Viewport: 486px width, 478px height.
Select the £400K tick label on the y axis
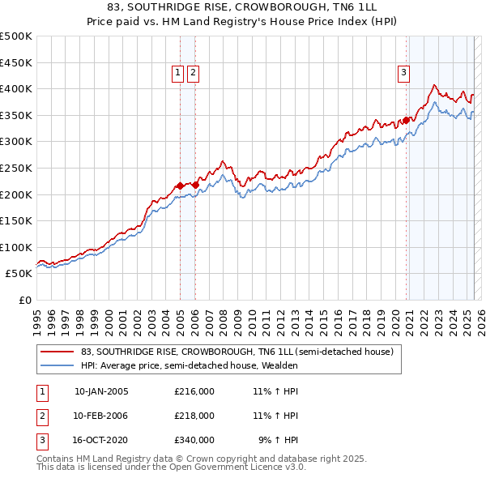tap(16, 88)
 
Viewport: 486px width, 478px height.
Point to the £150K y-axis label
tap(16, 220)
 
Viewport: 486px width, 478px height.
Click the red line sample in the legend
tap(57, 352)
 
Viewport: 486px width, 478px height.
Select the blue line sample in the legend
tap(57, 365)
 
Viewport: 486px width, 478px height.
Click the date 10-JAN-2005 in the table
tap(101, 391)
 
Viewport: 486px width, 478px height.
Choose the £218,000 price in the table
tap(194, 416)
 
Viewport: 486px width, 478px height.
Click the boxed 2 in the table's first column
tap(40, 416)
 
